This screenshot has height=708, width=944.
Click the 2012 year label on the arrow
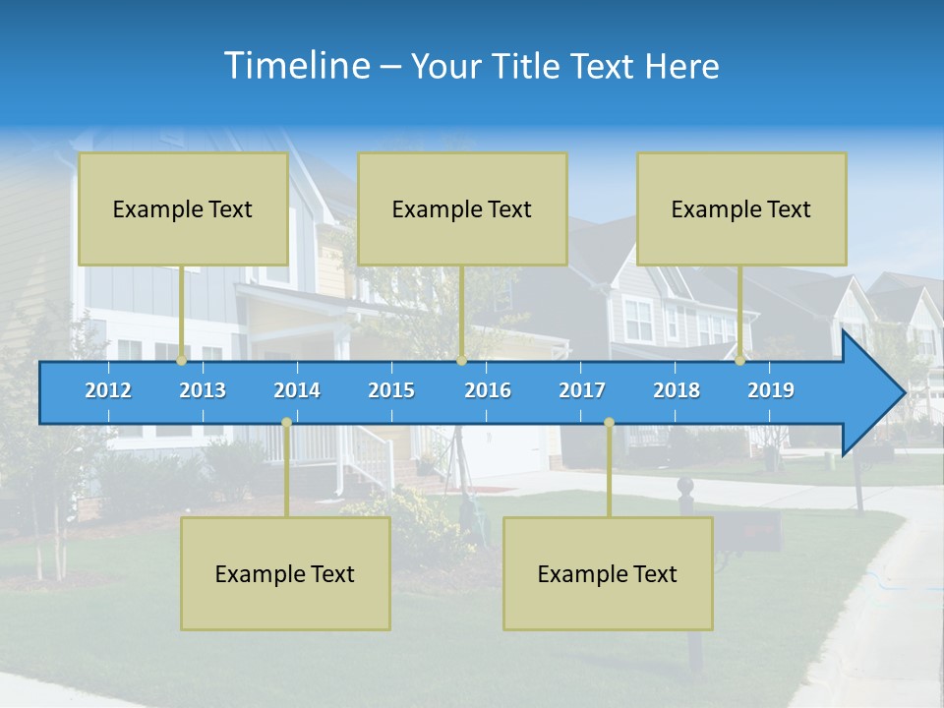point(108,390)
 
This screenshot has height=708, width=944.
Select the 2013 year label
point(203,390)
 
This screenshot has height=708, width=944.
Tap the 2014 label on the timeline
point(297,390)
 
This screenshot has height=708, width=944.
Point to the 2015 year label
point(391,390)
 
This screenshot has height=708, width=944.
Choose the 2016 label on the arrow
point(488,390)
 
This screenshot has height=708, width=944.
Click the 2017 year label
point(582,390)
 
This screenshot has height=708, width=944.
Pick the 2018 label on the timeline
point(677,390)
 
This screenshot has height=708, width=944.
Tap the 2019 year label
point(771,390)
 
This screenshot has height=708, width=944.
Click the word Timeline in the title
point(296,66)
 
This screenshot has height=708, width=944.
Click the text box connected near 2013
point(183,208)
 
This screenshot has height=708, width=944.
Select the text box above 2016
point(462,208)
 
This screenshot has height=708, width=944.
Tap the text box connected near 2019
point(741,208)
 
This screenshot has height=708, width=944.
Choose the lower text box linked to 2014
point(285,573)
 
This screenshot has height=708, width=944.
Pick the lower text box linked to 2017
point(608,573)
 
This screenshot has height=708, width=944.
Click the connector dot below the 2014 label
point(286,423)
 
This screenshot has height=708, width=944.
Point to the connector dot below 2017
point(609,423)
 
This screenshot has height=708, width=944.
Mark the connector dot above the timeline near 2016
point(461,361)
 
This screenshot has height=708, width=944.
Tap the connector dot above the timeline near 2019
point(740,361)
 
